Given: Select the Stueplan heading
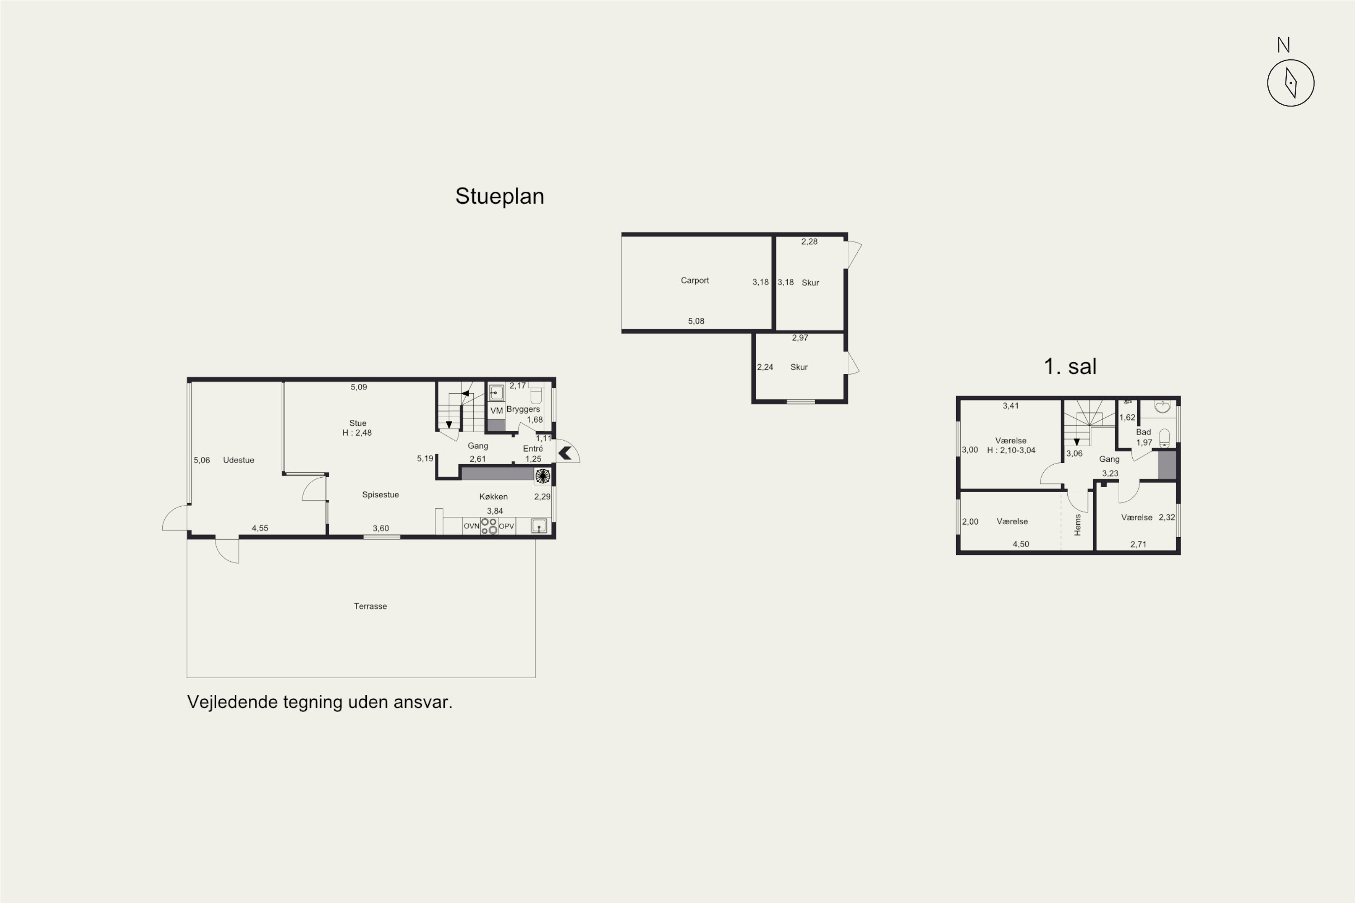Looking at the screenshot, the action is click(x=500, y=196).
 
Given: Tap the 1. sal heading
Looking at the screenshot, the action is click(x=1070, y=366).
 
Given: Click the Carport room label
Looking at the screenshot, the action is click(x=695, y=280).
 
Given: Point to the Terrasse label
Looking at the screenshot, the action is click(x=370, y=606).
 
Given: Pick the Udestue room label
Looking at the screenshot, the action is click(x=238, y=460).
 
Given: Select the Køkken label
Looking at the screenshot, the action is click(x=493, y=496).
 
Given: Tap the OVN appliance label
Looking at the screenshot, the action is click(x=471, y=526).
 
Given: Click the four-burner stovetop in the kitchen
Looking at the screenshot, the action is click(x=489, y=526).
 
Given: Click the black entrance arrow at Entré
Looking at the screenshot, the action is click(x=565, y=453).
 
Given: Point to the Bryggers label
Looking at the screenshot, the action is click(x=523, y=410).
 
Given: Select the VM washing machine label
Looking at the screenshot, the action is click(x=496, y=410).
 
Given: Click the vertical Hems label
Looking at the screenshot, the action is click(x=1077, y=525).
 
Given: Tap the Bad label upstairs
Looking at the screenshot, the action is click(x=1144, y=432).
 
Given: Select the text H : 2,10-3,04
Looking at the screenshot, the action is click(x=1011, y=450).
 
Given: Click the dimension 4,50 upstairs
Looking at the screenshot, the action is click(x=1021, y=544).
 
